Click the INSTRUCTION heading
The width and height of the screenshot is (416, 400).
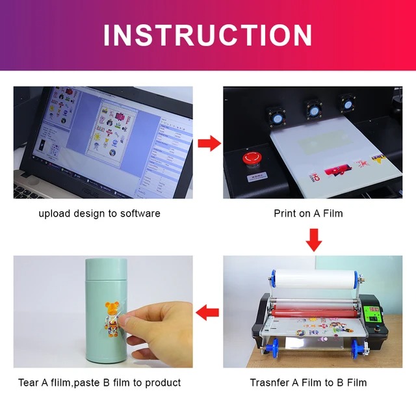tap(208, 34)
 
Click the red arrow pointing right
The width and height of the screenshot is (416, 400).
tap(208, 143)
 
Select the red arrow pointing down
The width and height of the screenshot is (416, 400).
tap(314, 239)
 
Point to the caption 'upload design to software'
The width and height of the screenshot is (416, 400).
tap(99, 213)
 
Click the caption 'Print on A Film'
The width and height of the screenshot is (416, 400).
tap(308, 213)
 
